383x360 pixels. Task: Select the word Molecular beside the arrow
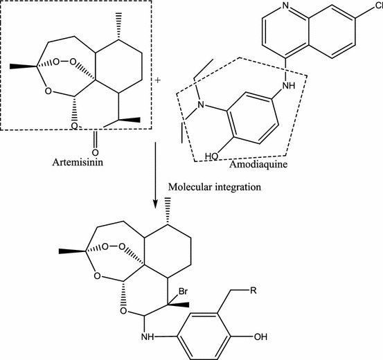tap(187, 187)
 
